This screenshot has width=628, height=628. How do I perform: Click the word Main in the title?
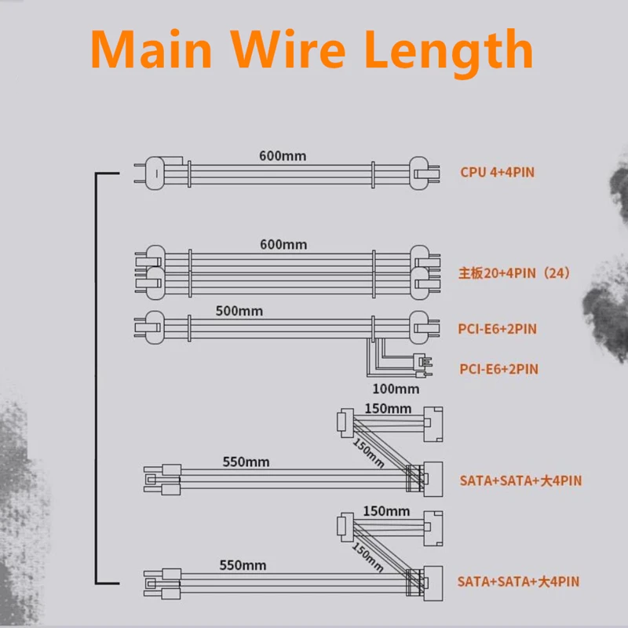coord(152,49)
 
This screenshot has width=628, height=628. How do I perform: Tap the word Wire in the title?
coord(288,49)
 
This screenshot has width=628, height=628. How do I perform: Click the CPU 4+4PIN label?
coord(497,172)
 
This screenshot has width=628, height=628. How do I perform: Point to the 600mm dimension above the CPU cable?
coord(283,155)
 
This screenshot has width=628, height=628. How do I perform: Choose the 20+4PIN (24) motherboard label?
coord(514,273)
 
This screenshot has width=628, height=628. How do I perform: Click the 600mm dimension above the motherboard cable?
coord(283,244)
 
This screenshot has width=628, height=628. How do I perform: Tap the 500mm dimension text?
coord(239,311)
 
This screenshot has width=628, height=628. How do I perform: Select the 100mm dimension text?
coord(396,389)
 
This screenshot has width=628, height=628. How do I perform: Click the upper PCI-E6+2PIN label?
coord(497,329)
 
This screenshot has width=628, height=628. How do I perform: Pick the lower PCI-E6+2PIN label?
coord(498,369)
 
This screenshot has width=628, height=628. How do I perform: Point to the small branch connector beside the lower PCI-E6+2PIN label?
coord(422,366)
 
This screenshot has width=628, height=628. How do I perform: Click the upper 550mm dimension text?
coord(246,462)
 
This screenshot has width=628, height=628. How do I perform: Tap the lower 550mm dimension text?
coord(243,565)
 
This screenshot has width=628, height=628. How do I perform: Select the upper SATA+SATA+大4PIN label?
coord(520,480)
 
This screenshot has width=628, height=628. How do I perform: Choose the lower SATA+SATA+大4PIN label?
coord(518,582)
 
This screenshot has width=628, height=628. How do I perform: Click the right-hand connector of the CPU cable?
coord(424,173)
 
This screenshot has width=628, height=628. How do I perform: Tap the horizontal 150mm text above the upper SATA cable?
coord(388,408)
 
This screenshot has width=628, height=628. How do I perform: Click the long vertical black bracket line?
coord(96,378)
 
